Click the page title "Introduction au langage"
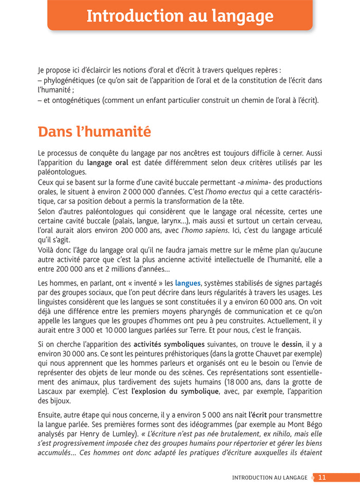(x=180, y=16)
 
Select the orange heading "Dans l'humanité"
(x=95, y=132)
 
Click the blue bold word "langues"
(x=188, y=283)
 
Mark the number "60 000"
(x=277, y=302)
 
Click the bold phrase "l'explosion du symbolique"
(x=172, y=392)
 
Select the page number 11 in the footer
(x=322, y=478)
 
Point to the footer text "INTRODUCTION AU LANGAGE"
(x=270, y=478)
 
